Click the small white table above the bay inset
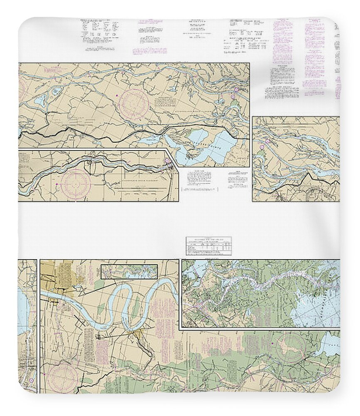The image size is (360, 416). tap(208, 245)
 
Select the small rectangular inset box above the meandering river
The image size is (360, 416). tap(129, 271)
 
